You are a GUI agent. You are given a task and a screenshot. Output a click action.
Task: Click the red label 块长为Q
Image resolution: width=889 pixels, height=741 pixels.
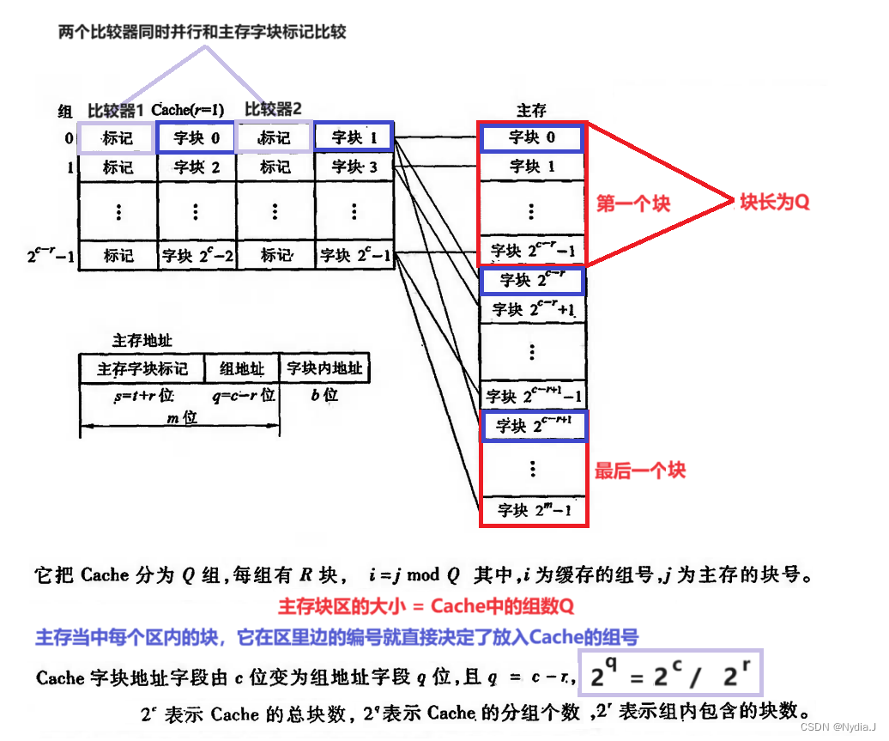775,203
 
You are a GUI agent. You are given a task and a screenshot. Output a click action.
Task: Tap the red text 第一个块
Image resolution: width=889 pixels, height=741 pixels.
633,203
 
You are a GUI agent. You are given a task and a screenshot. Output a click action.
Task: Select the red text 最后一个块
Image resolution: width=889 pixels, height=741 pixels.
640,470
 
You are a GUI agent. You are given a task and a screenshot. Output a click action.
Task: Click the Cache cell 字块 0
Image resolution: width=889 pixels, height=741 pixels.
197,137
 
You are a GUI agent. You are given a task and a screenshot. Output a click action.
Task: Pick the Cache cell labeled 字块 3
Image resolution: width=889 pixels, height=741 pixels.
354,167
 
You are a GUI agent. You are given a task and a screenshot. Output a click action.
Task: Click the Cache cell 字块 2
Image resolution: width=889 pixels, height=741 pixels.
197,167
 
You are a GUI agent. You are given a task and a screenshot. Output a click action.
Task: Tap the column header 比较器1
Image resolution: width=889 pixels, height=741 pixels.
117,111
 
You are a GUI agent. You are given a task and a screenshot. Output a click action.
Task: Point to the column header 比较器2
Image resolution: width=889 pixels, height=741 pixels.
274,109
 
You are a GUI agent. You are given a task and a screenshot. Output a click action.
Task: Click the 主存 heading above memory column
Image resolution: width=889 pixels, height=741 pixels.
531,111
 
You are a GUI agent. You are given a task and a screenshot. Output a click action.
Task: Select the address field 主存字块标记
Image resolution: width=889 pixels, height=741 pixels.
142,369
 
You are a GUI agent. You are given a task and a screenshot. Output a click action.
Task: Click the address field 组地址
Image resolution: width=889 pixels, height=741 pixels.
242,369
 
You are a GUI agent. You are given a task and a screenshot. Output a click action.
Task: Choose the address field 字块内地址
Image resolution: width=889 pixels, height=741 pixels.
324,369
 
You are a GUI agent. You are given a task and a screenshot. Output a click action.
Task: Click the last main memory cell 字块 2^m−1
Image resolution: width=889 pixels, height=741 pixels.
533,510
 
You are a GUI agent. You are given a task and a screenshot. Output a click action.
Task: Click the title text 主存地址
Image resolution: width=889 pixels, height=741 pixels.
142,341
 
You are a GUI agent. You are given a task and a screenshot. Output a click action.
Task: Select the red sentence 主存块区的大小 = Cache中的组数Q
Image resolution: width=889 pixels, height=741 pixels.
426,606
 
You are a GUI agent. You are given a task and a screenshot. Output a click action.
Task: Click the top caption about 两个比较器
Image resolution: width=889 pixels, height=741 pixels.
202,32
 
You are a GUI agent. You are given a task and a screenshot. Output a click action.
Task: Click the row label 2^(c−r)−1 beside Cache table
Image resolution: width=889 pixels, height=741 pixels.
51,255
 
